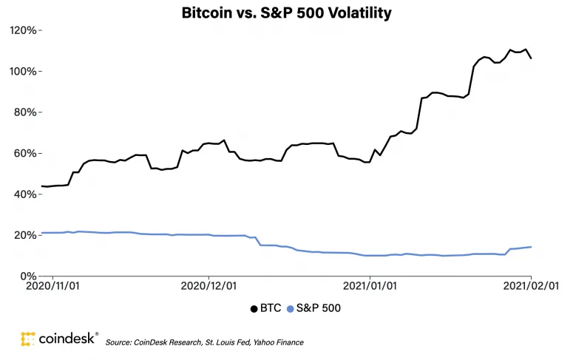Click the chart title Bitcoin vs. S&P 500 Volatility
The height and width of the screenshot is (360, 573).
click(x=287, y=13)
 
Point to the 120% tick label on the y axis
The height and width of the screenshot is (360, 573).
click(x=23, y=30)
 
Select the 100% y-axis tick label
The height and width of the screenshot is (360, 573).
click(x=23, y=71)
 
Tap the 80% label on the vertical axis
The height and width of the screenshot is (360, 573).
click(x=25, y=112)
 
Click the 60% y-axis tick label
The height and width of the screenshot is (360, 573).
click(x=25, y=153)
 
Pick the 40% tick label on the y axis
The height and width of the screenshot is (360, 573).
click(x=25, y=194)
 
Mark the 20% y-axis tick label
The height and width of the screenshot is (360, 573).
click(x=25, y=235)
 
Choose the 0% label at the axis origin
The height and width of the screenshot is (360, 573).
click(x=28, y=276)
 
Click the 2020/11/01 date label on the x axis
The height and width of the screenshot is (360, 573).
click(x=52, y=285)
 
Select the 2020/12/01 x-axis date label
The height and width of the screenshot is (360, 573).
click(x=208, y=285)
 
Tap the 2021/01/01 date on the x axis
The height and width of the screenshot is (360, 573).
click(x=370, y=285)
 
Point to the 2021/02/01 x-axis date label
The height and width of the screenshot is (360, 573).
click(x=531, y=285)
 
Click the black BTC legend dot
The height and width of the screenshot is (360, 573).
click(x=254, y=309)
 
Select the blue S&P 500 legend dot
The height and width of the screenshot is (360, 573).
click(x=290, y=309)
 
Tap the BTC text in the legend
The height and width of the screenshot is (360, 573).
click(x=271, y=308)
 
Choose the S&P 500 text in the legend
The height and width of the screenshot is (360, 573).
click(x=319, y=308)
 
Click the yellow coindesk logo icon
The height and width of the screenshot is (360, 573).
click(x=28, y=339)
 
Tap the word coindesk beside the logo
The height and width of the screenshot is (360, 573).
click(x=67, y=339)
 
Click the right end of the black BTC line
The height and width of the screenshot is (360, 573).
click(x=531, y=58)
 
